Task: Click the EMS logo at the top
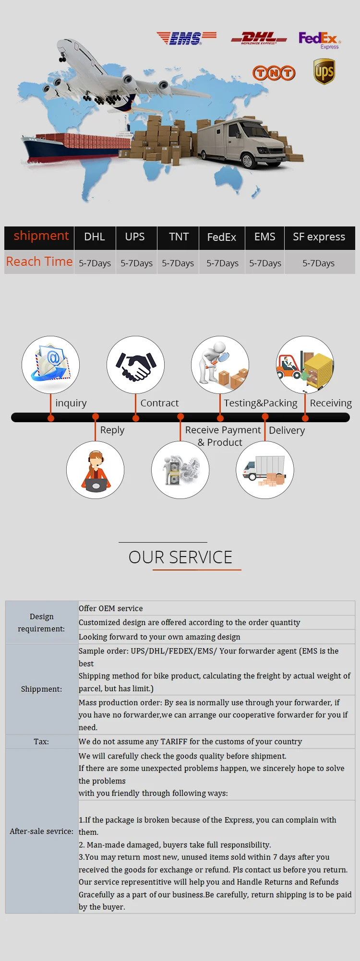tap(186, 37)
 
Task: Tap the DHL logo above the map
tap(259, 38)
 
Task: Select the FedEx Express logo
tap(319, 39)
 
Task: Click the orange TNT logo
tap(274, 73)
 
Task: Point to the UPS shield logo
tap(324, 71)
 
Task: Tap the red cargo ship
tap(72, 146)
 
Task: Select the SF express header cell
tap(319, 237)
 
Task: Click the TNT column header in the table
tap(179, 237)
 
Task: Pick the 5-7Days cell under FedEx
tap(222, 263)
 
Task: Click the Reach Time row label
tap(39, 262)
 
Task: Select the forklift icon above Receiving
tap(305, 365)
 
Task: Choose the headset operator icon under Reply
tap(96, 470)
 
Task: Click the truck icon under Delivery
tap(265, 470)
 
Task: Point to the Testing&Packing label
tap(261, 403)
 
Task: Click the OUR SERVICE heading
tap(180, 557)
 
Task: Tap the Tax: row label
tap(41, 742)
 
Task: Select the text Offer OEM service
tap(111, 608)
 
